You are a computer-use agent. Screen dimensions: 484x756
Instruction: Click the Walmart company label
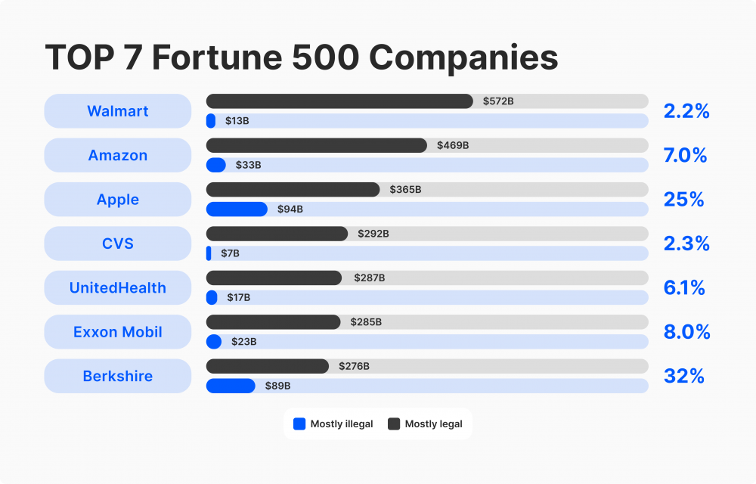[x=117, y=111]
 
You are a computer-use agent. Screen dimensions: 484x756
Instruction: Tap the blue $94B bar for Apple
[x=237, y=209]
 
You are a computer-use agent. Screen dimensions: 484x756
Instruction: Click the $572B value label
[x=498, y=101]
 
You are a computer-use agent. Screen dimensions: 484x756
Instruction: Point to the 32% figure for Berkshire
[x=683, y=376]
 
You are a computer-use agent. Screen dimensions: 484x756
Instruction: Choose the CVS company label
[x=117, y=244]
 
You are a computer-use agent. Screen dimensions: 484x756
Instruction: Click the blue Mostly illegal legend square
[x=299, y=424]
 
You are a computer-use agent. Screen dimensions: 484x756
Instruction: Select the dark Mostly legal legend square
[x=394, y=424]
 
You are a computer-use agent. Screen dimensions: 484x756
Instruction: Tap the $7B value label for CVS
[x=230, y=253]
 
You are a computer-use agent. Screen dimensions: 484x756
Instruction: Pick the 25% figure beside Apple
[x=683, y=200]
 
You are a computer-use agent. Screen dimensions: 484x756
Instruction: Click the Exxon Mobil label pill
[x=117, y=332]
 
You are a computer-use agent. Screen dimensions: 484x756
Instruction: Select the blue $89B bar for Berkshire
[x=231, y=386]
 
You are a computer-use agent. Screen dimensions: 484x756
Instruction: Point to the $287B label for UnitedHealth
[x=370, y=278]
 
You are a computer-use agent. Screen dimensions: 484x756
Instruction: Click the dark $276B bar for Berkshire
[x=268, y=366]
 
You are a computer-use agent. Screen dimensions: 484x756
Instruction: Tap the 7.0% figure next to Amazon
[x=685, y=156]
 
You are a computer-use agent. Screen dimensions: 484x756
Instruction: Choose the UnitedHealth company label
[x=117, y=288]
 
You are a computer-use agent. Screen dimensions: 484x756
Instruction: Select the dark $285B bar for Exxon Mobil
[x=273, y=322]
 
